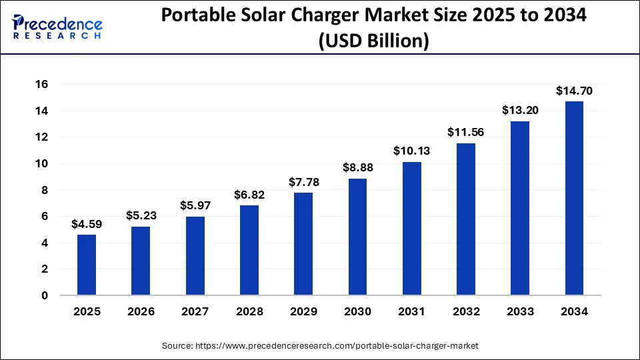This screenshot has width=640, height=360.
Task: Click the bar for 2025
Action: pyautogui.click(x=86, y=265)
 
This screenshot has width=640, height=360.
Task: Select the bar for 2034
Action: pyautogui.click(x=574, y=198)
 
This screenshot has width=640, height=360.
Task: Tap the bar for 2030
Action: pyautogui.click(x=357, y=237)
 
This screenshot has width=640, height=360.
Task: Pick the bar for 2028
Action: pyautogui.click(x=249, y=250)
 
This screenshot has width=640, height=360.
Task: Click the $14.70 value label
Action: pyautogui.click(x=574, y=91)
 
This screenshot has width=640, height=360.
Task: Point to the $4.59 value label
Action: pyautogui.click(x=86, y=224)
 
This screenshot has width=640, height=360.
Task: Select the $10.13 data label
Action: pyautogui.click(x=411, y=151)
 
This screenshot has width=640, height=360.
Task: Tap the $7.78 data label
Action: pyautogui.click(x=303, y=182)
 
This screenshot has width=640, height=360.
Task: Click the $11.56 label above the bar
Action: pyautogui.click(x=465, y=132)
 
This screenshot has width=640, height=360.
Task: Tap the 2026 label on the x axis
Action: pyautogui.click(x=140, y=311)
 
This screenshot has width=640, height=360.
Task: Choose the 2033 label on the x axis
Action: pyautogui.click(x=520, y=311)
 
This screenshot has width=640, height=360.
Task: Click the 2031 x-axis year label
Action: pyautogui.click(x=411, y=311)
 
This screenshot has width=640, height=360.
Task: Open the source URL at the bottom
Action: pyautogui.click(x=320, y=346)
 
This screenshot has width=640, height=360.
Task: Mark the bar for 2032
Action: pyautogui.click(x=465, y=219)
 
